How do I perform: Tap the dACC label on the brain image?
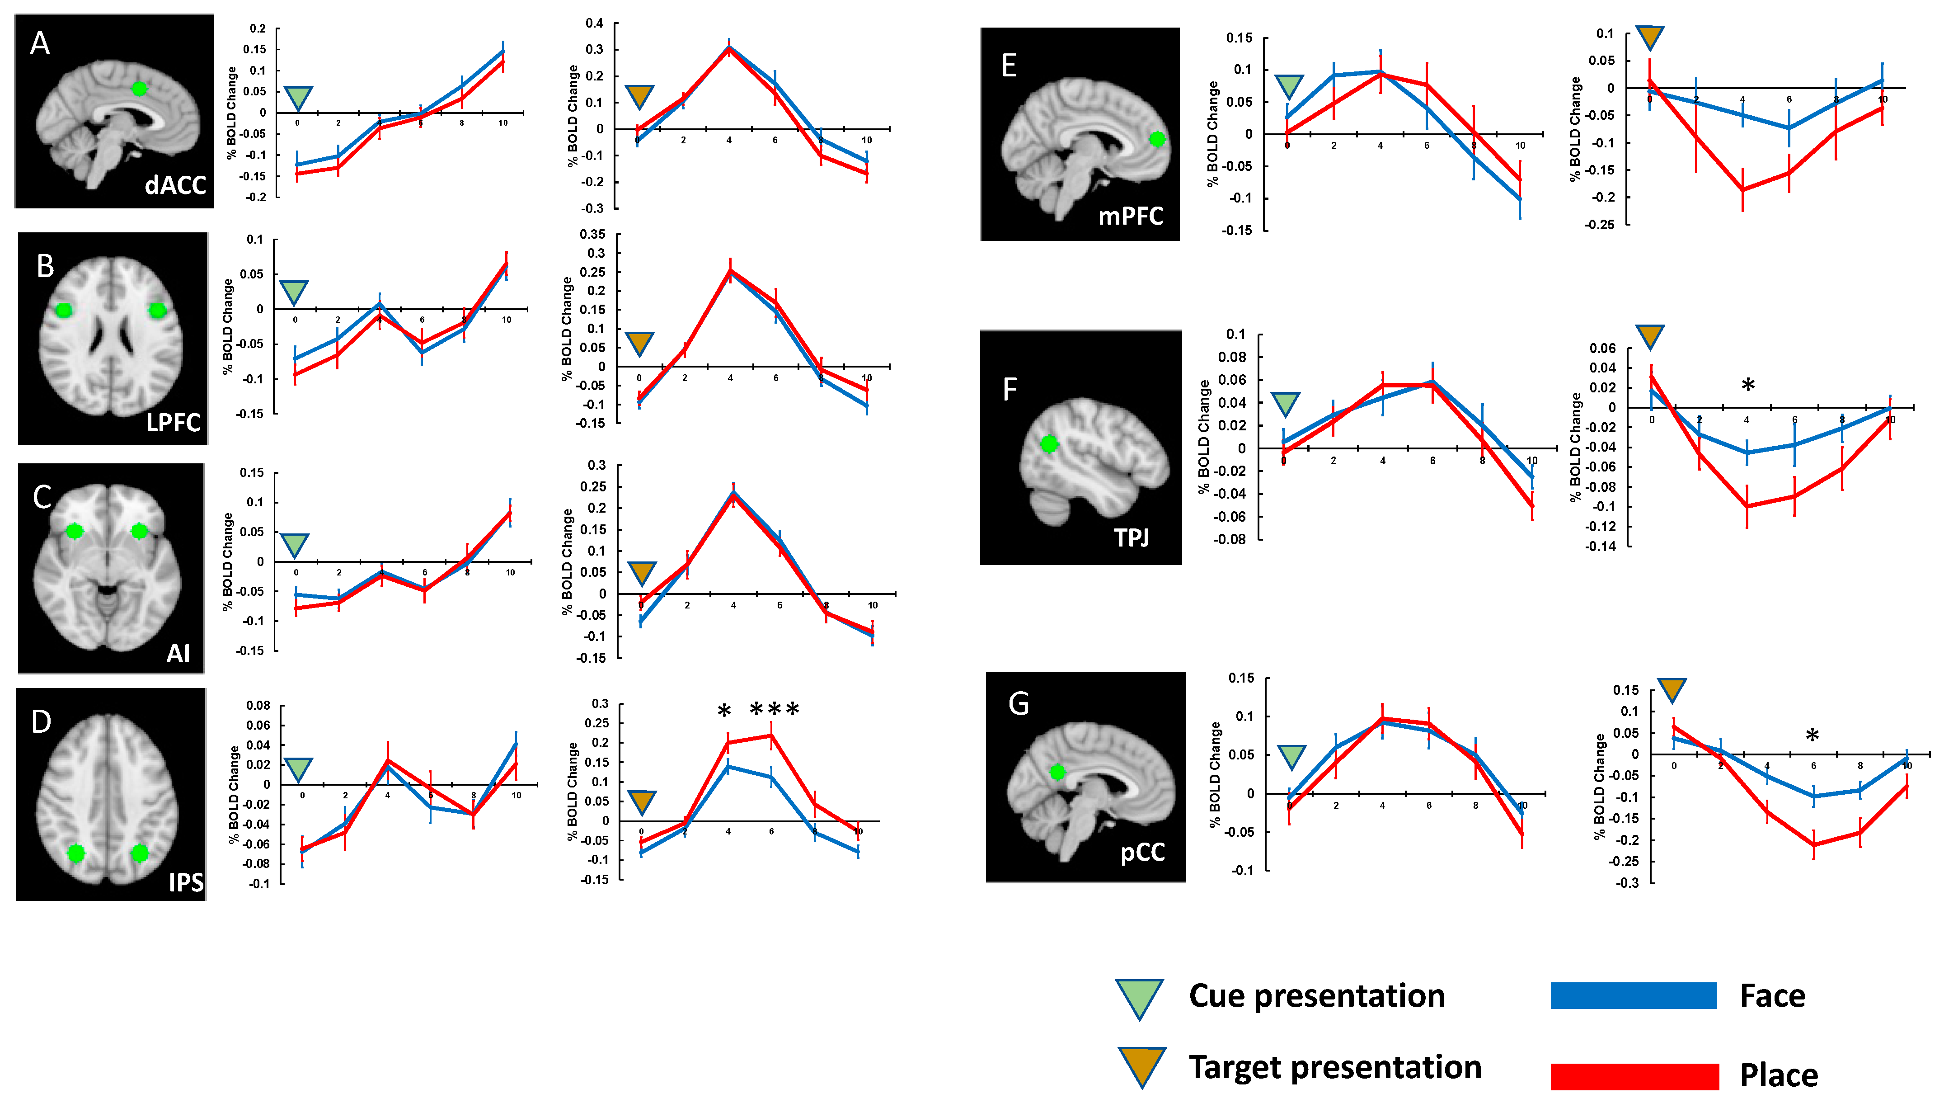point(175,185)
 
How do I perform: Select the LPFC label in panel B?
point(174,422)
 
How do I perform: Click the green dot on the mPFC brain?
point(1156,139)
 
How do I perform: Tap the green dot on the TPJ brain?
point(1049,444)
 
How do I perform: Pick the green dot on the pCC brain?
point(1057,772)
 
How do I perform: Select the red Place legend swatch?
point(1634,1076)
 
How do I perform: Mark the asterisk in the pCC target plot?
point(1812,735)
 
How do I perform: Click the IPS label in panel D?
point(186,882)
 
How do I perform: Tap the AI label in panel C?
point(178,653)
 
